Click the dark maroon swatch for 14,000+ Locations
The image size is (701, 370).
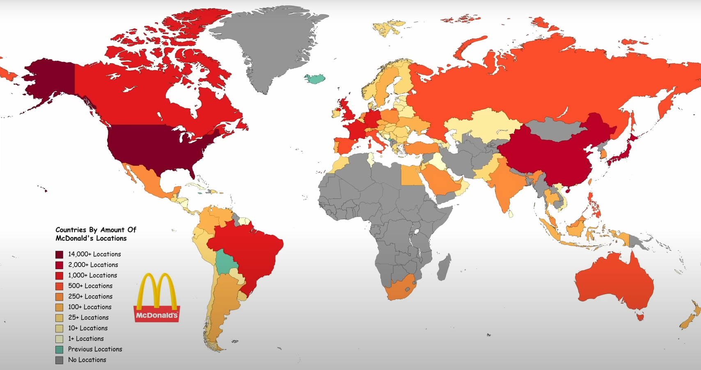(x=60, y=254)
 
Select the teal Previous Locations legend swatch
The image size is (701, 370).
(x=60, y=349)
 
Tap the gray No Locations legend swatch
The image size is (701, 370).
(x=60, y=360)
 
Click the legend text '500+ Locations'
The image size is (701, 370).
(x=90, y=286)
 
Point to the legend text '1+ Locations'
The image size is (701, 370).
(x=86, y=339)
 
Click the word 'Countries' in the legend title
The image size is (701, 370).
(x=71, y=230)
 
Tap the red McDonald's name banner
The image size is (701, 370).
(x=157, y=315)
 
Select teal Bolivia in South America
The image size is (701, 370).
(x=223, y=262)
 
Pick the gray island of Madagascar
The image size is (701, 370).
(x=444, y=267)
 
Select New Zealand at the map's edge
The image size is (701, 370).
(x=690, y=316)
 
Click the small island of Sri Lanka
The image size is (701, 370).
(x=511, y=214)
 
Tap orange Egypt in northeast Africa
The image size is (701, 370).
(x=412, y=175)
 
